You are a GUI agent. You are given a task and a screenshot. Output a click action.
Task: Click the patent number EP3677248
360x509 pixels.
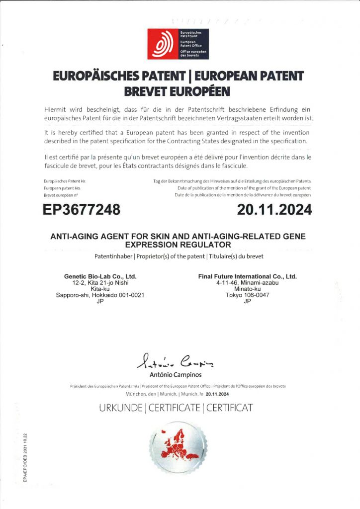[82, 210]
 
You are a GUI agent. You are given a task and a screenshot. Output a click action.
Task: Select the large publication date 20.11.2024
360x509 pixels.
[274, 210]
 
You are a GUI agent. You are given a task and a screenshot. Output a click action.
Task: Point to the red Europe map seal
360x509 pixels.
[180, 448]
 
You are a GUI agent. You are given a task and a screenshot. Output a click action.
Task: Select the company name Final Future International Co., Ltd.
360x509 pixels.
[247, 276]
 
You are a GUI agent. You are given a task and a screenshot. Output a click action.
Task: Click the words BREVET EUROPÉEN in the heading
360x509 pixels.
[180, 91]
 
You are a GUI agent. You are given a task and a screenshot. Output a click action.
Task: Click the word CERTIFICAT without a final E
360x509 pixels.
[229, 409]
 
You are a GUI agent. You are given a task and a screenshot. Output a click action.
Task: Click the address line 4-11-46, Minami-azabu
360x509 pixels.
[247, 283]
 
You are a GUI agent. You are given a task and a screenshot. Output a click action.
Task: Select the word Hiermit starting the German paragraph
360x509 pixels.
[57, 109]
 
